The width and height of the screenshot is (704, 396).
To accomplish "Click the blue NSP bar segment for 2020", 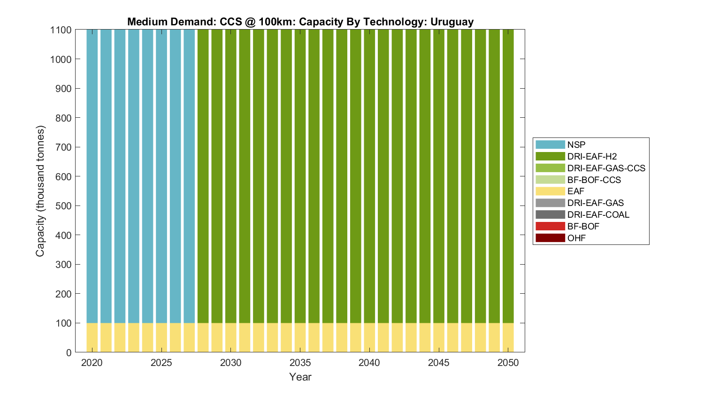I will click(92, 176).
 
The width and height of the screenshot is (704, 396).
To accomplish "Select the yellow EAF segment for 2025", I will click(161, 337).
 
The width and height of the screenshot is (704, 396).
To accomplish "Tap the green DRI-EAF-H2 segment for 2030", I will click(230, 176).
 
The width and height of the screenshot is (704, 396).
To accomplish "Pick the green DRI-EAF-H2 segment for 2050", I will click(508, 176).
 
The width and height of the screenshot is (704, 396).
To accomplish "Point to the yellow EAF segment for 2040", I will click(369, 337).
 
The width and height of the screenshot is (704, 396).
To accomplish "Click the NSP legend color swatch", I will click(550, 145).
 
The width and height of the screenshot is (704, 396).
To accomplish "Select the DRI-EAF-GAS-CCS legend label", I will click(606, 168).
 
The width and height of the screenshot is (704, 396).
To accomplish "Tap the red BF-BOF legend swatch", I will click(550, 226).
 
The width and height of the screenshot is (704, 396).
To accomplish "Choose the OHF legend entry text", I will click(576, 238).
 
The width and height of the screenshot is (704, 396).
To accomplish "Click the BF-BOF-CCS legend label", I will click(594, 180).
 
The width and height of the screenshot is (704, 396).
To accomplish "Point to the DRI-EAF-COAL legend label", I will click(598, 214).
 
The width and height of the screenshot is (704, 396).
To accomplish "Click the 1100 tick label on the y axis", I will click(61, 30).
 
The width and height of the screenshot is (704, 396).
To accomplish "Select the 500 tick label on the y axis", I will click(63, 206).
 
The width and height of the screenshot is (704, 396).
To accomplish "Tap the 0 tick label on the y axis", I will click(69, 352).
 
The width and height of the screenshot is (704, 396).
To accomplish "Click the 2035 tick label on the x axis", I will click(300, 363).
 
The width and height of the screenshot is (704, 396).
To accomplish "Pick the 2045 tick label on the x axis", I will click(438, 363).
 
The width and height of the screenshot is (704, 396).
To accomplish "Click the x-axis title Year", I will click(300, 377).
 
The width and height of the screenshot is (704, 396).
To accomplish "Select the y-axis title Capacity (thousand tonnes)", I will click(40, 191).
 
